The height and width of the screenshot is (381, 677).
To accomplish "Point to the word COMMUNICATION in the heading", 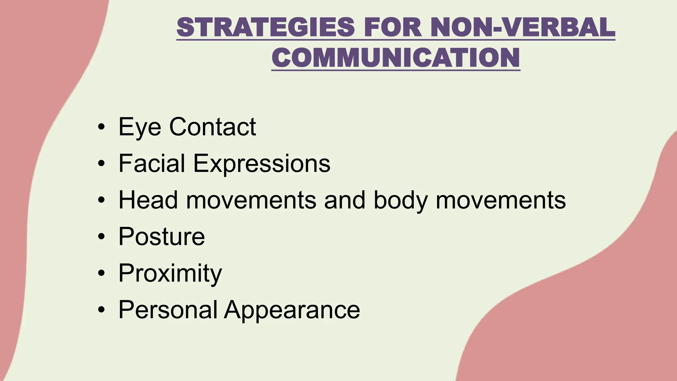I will [x=396, y=58].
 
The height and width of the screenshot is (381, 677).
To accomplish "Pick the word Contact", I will [x=213, y=127].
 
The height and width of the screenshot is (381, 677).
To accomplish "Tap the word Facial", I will [x=152, y=163].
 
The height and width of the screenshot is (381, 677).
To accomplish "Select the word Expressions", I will [x=261, y=163].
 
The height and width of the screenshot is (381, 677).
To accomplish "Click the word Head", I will [x=148, y=200].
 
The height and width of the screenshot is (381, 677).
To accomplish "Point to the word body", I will [x=400, y=200].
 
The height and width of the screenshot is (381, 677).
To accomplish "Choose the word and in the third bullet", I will [x=345, y=200].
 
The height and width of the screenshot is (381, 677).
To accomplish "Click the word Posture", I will [x=162, y=236].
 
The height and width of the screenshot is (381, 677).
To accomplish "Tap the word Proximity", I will [x=170, y=273].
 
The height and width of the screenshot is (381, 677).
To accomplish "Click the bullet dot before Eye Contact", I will [x=101, y=127].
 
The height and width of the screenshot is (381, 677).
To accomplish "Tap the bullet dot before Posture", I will [x=101, y=236].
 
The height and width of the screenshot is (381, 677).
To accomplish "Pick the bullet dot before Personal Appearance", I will [x=101, y=310].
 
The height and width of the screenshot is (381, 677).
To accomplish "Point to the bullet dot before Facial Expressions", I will [x=101, y=163].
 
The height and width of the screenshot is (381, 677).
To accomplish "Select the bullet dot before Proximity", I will [x=101, y=273].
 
